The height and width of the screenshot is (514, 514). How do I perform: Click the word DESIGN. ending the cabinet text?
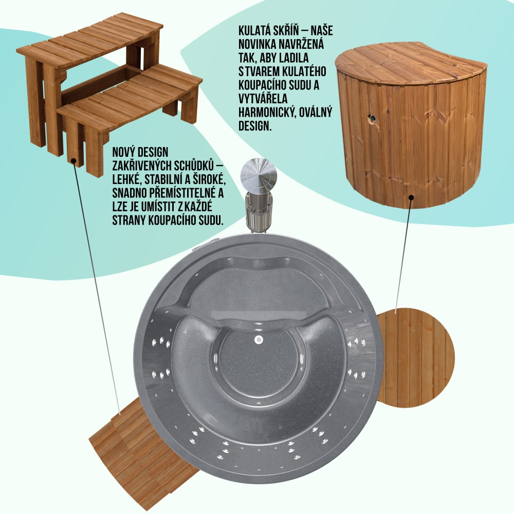(255, 126)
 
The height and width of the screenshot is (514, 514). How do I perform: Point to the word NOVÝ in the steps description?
(123, 153)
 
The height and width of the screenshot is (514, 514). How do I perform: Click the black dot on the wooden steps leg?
(74, 161)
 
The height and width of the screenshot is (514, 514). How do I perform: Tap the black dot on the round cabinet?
(411, 197)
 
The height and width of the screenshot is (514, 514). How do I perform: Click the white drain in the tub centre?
(259, 340)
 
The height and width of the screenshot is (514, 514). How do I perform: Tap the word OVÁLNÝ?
(315, 112)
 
